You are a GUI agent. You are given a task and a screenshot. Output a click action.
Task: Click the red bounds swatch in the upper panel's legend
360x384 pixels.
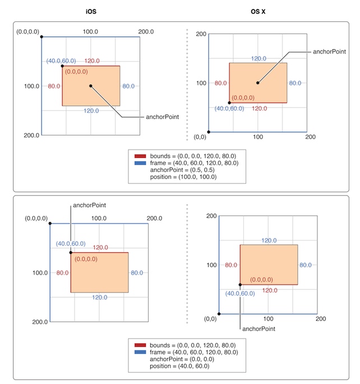pos(140,155)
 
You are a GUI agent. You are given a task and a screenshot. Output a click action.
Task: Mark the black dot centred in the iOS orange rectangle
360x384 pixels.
pos(90,86)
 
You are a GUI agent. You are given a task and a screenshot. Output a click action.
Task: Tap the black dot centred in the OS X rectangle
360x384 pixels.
pos(258,83)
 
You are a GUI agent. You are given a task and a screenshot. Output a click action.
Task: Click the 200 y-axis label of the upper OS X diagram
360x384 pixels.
pos(201,34)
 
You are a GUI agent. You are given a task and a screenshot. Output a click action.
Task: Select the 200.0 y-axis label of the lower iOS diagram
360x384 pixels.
pos(39,322)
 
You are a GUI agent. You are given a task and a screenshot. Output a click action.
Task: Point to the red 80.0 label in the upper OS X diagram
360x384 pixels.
pos(220,83)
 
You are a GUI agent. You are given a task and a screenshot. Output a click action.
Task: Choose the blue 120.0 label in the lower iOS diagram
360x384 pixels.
pos(100,298)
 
